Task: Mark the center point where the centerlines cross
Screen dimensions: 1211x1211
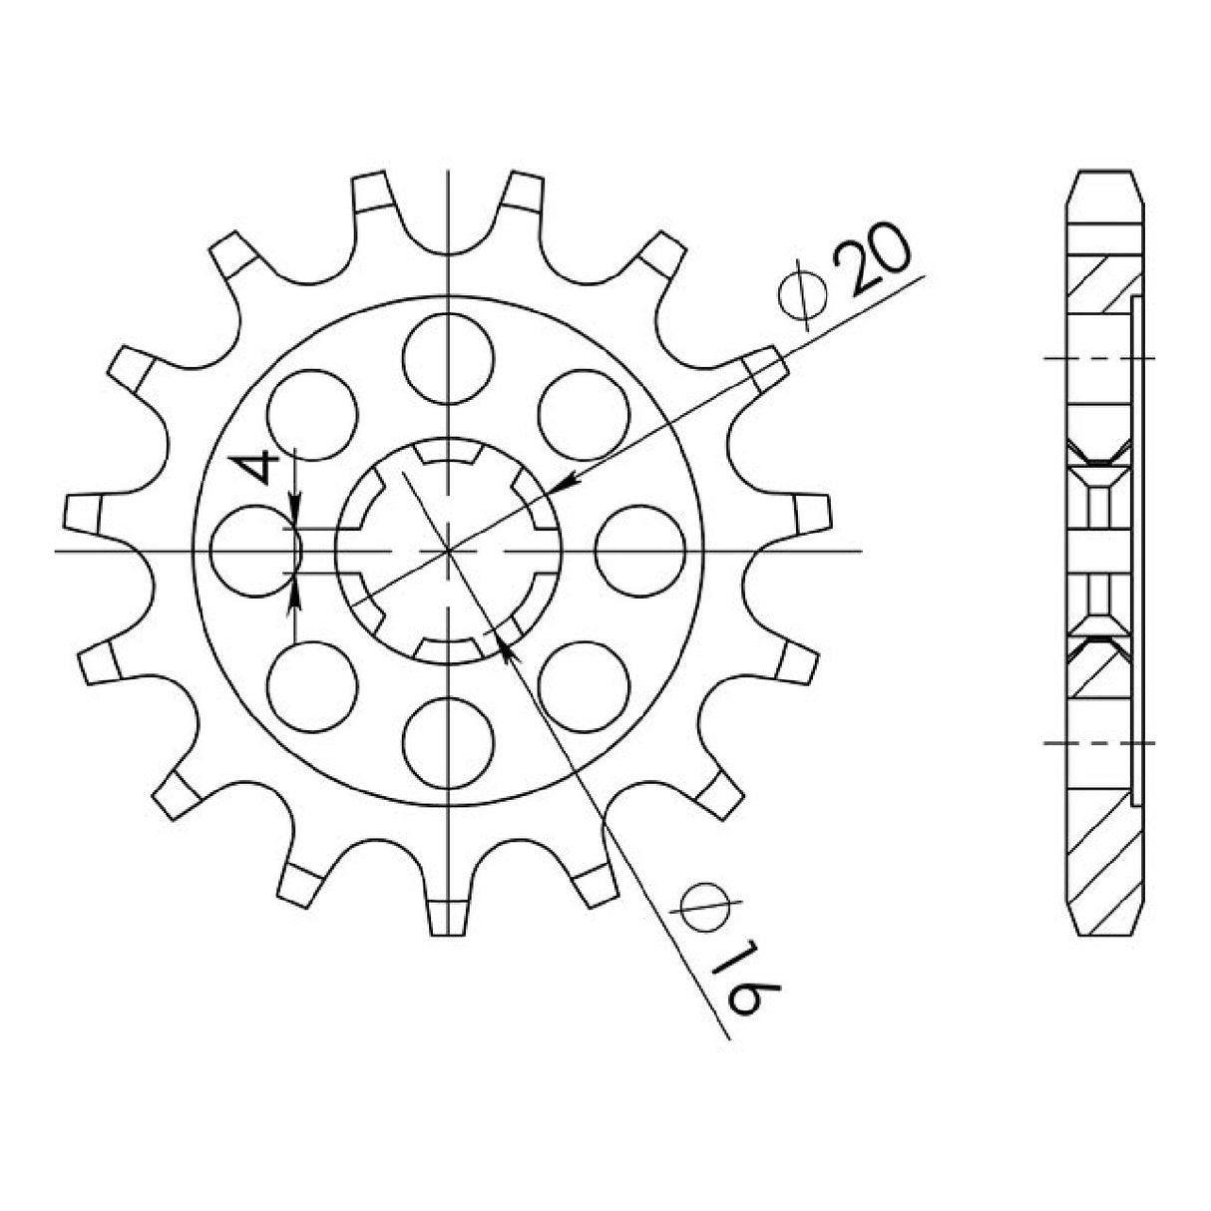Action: (450, 550)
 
